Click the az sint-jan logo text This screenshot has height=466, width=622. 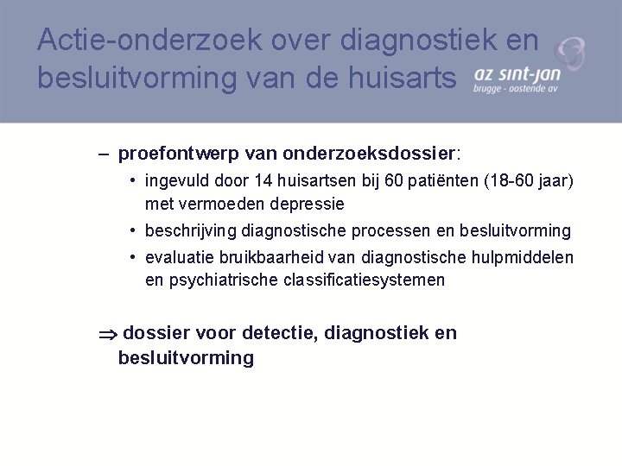click(517, 76)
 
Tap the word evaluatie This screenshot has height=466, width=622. click(177, 257)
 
